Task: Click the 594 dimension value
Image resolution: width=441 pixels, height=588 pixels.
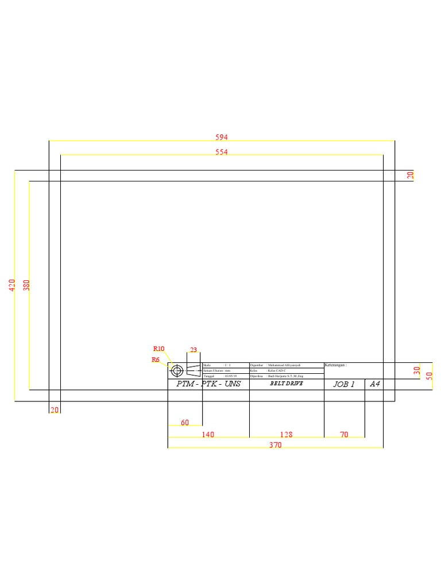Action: pos(222,137)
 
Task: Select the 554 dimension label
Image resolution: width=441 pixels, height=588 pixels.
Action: pos(222,152)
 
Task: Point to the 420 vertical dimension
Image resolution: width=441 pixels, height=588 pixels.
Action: pos(12,285)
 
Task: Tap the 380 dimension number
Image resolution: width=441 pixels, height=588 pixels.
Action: pos(26,285)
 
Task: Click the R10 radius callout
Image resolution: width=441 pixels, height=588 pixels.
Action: pos(158,349)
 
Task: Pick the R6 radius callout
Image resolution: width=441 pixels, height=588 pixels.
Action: pos(155,359)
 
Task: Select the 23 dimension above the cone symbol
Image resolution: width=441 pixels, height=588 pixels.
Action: pos(194,350)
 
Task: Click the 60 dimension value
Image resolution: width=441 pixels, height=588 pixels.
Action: pos(185,423)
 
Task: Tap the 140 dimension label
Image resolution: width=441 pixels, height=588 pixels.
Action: pos(208,435)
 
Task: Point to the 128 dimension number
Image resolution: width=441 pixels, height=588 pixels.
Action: pos(286,435)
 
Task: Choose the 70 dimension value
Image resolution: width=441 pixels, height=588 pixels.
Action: pos(344,435)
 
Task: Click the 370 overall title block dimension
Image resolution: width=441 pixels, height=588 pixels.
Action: pos(276,445)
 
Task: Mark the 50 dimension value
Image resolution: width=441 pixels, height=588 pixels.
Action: pos(429,376)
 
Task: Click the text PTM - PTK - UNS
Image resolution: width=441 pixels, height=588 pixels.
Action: pos(208,384)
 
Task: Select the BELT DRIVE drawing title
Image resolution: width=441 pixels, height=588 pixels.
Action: pos(287,384)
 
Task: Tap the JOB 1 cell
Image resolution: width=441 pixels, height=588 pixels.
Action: pos(344,384)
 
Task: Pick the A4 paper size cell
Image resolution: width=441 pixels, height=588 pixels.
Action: pos(375,384)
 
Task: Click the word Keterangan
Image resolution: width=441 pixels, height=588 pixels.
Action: pos(335,365)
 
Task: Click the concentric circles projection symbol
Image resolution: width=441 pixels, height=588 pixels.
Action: pos(177,370)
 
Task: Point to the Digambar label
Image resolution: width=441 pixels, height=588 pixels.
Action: pos(257,365)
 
